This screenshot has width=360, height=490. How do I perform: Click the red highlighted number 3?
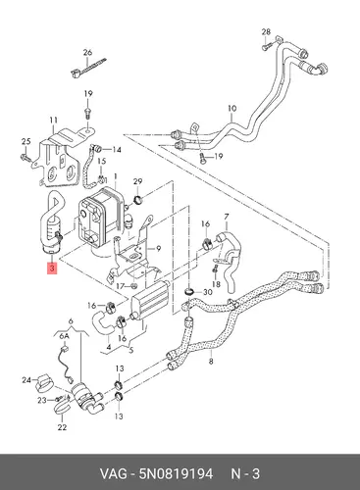[x=52, y=269]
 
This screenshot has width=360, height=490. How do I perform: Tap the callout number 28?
[x=266, y=32]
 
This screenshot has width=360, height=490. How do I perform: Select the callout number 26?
[x=87, y=52]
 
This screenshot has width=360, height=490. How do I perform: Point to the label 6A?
[x=64, y=336]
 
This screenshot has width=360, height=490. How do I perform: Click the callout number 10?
[x=231, y=109]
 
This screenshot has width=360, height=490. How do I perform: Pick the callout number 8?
[x=211, y=362]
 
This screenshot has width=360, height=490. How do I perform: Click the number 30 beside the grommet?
[x=208, y=292]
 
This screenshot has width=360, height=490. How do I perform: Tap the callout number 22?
[x=62, y=426]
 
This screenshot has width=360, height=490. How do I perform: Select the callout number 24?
[x=26, y=380]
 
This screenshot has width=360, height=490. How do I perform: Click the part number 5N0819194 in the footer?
[x=176, y=473]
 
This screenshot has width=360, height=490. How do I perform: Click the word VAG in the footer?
[x=113, y=473]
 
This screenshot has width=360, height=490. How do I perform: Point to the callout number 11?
[x=54, y=121]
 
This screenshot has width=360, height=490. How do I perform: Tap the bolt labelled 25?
[x=26, y=158]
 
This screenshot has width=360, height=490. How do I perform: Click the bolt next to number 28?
[x=265, y=45]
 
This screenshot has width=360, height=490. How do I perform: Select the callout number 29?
[x=138, y=181]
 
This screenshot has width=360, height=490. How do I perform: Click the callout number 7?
[x=227, y=217]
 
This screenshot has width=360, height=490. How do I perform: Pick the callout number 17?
[x=121, y=286]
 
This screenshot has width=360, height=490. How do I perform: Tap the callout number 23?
[x=42, y=400]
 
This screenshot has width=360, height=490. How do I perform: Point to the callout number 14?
[x=117, y=150]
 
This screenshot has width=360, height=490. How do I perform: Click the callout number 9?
[x=158, y=249]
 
